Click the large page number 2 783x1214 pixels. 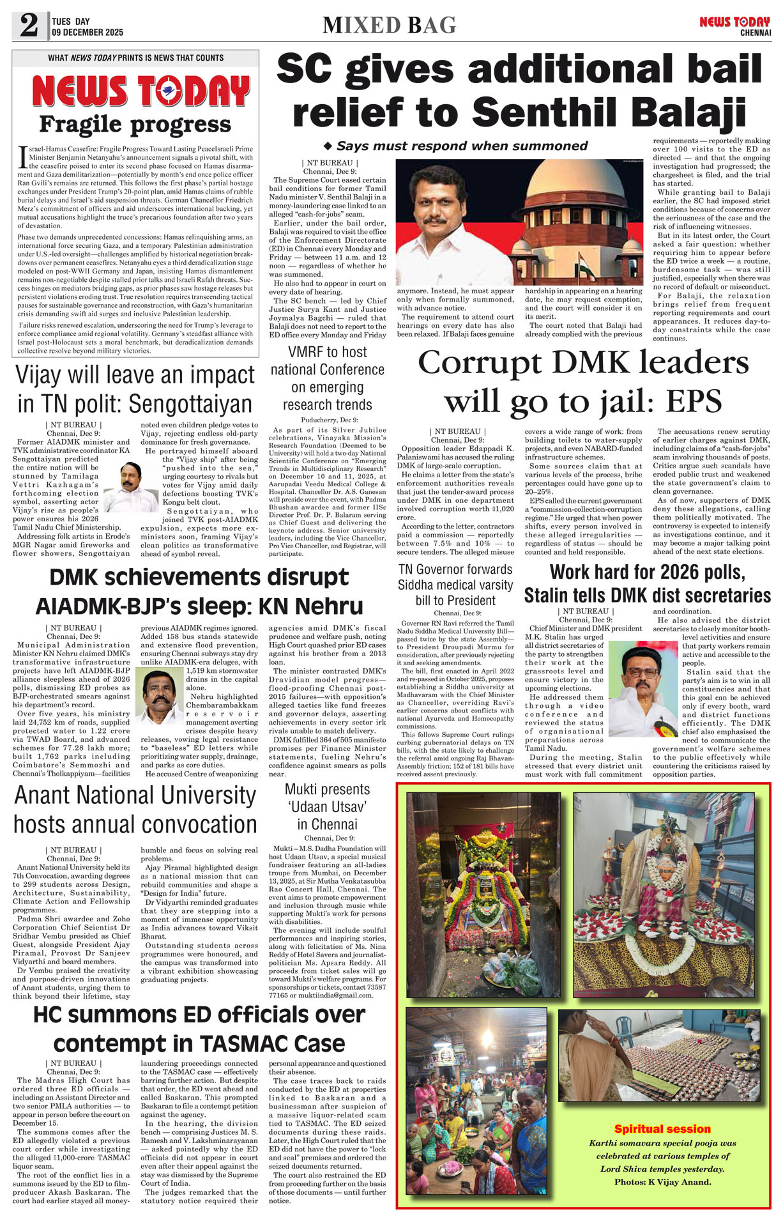point(29,26)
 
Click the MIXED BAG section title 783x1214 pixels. point(389,25)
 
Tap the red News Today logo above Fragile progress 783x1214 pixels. point(141,91)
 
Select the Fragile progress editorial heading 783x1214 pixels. point(135,125)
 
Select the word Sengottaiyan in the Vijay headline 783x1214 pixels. point(191,404)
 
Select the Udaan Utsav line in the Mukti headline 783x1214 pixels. point(327,806)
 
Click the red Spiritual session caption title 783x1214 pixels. point(662,1129)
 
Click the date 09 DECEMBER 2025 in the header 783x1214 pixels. point(87,32)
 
